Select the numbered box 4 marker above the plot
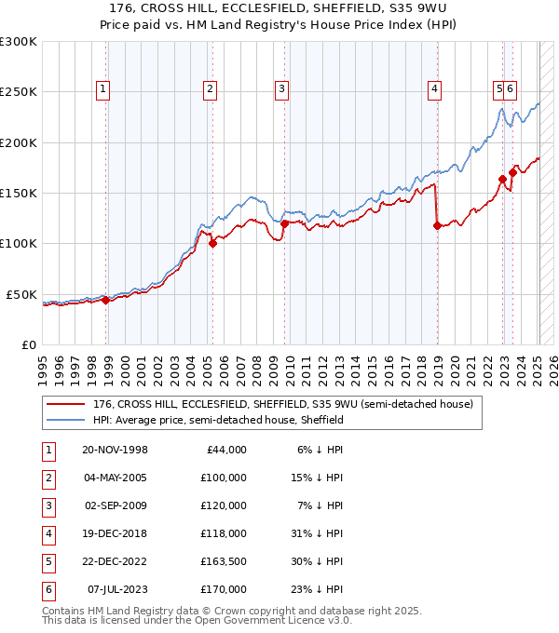click(434, 89)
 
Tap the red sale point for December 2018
click(437, 224)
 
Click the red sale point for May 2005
click(212, 244)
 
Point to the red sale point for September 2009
click(284, 223)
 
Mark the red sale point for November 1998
click(105, 300)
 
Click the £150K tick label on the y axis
click(19, 193)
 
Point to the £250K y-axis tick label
click(19, 92)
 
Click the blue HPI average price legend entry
click(218, 420)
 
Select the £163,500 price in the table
click(224, 561)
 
